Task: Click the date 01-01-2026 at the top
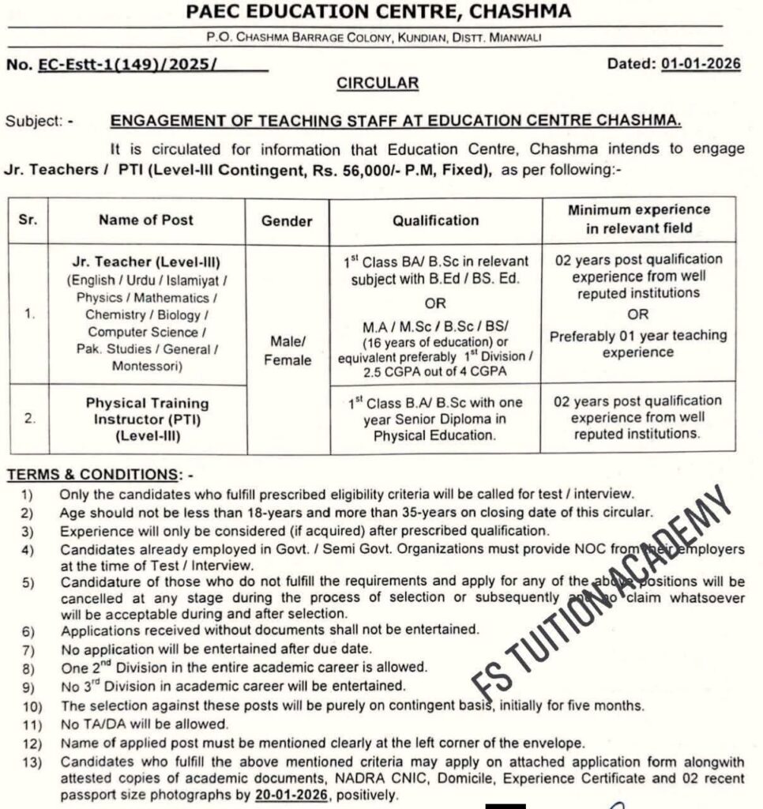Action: [x=701, y=65]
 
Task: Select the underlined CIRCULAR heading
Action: [x=378, y=82]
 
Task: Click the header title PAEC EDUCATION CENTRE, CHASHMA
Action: [x=378, y=12]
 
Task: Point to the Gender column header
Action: [x=287, y=220]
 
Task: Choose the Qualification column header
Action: [x=435, y=220]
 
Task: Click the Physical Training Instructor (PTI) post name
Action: [x=147, y=411]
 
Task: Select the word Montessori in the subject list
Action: [x=146, y=366]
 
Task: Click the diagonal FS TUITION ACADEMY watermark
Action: [x=600, y=589]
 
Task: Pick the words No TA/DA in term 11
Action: [x=89, y=724]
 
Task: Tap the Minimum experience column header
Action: [x=638, y=219]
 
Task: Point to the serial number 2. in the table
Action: [x=28, y=419]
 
